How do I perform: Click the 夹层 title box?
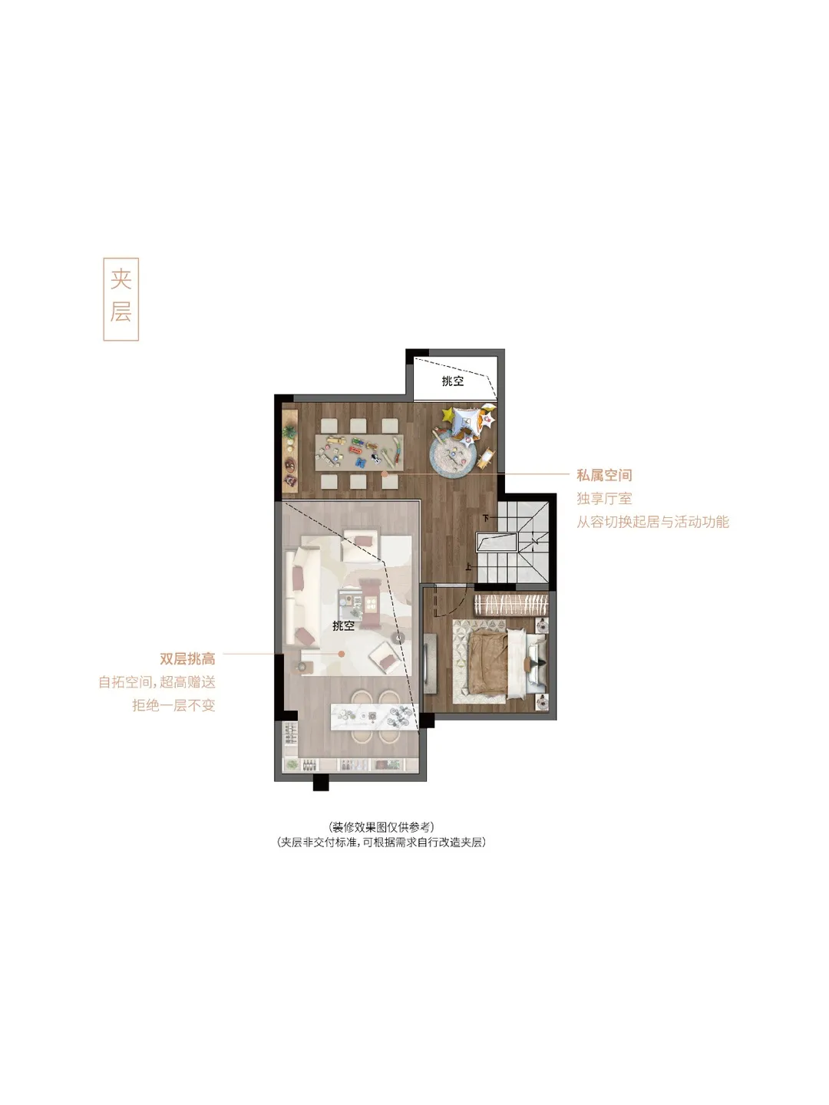click(121, 299)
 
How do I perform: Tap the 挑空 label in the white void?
click(453, 381)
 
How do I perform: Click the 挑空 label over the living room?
click(343, 625)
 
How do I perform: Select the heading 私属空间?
click(604, 475)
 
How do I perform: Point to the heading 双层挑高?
click(188, 658)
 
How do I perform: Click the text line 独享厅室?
click(604, 498)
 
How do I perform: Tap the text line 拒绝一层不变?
click(173, 705)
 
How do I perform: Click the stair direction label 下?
click(486, 517)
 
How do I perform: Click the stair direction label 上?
click(468, 567)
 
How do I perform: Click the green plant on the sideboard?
click(289, 431)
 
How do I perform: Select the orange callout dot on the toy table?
click(385, 473)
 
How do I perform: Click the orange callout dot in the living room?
click(342, 654)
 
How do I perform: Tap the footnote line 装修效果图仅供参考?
click(381, 826)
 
